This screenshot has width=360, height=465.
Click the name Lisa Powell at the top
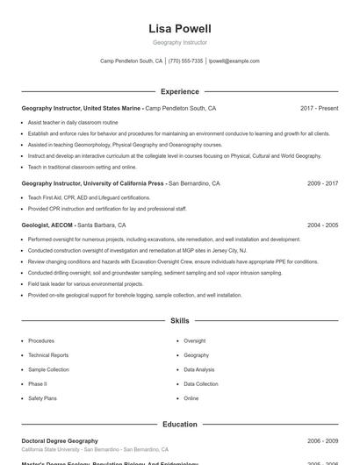click(180, 29)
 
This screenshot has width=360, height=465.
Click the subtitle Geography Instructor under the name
click(180, 42)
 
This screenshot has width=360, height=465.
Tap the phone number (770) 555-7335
click(185, 61)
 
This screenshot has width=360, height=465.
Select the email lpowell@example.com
click(234, 61)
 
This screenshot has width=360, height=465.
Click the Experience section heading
click(180, 91)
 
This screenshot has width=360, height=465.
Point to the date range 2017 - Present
click(319, 108)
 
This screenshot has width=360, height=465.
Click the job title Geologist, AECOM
click(48, 225)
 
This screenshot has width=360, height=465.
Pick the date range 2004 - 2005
click(322, 225)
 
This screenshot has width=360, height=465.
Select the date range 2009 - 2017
click(322, 183)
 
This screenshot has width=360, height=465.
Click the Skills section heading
click(180, 321)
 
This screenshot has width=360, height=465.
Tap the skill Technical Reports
click(48, 355)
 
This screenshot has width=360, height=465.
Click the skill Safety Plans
click(42, 398)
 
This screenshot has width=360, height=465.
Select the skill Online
click(191, 398)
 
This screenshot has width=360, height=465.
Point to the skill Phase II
click(38, 383)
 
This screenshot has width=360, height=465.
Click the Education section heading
click(180, 424)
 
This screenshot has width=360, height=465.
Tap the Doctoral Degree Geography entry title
click(60, 440)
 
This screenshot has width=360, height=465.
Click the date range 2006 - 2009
click(322, 440)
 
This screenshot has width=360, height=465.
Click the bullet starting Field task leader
click(85, 284)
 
